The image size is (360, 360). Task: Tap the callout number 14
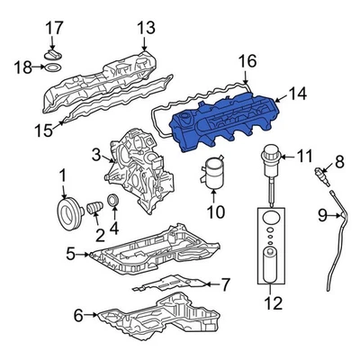tap(298, 93)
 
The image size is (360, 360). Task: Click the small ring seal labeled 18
tap(55, 67)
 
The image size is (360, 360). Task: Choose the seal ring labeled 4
tap(112, 199)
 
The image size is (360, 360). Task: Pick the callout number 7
tap(225, 285)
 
